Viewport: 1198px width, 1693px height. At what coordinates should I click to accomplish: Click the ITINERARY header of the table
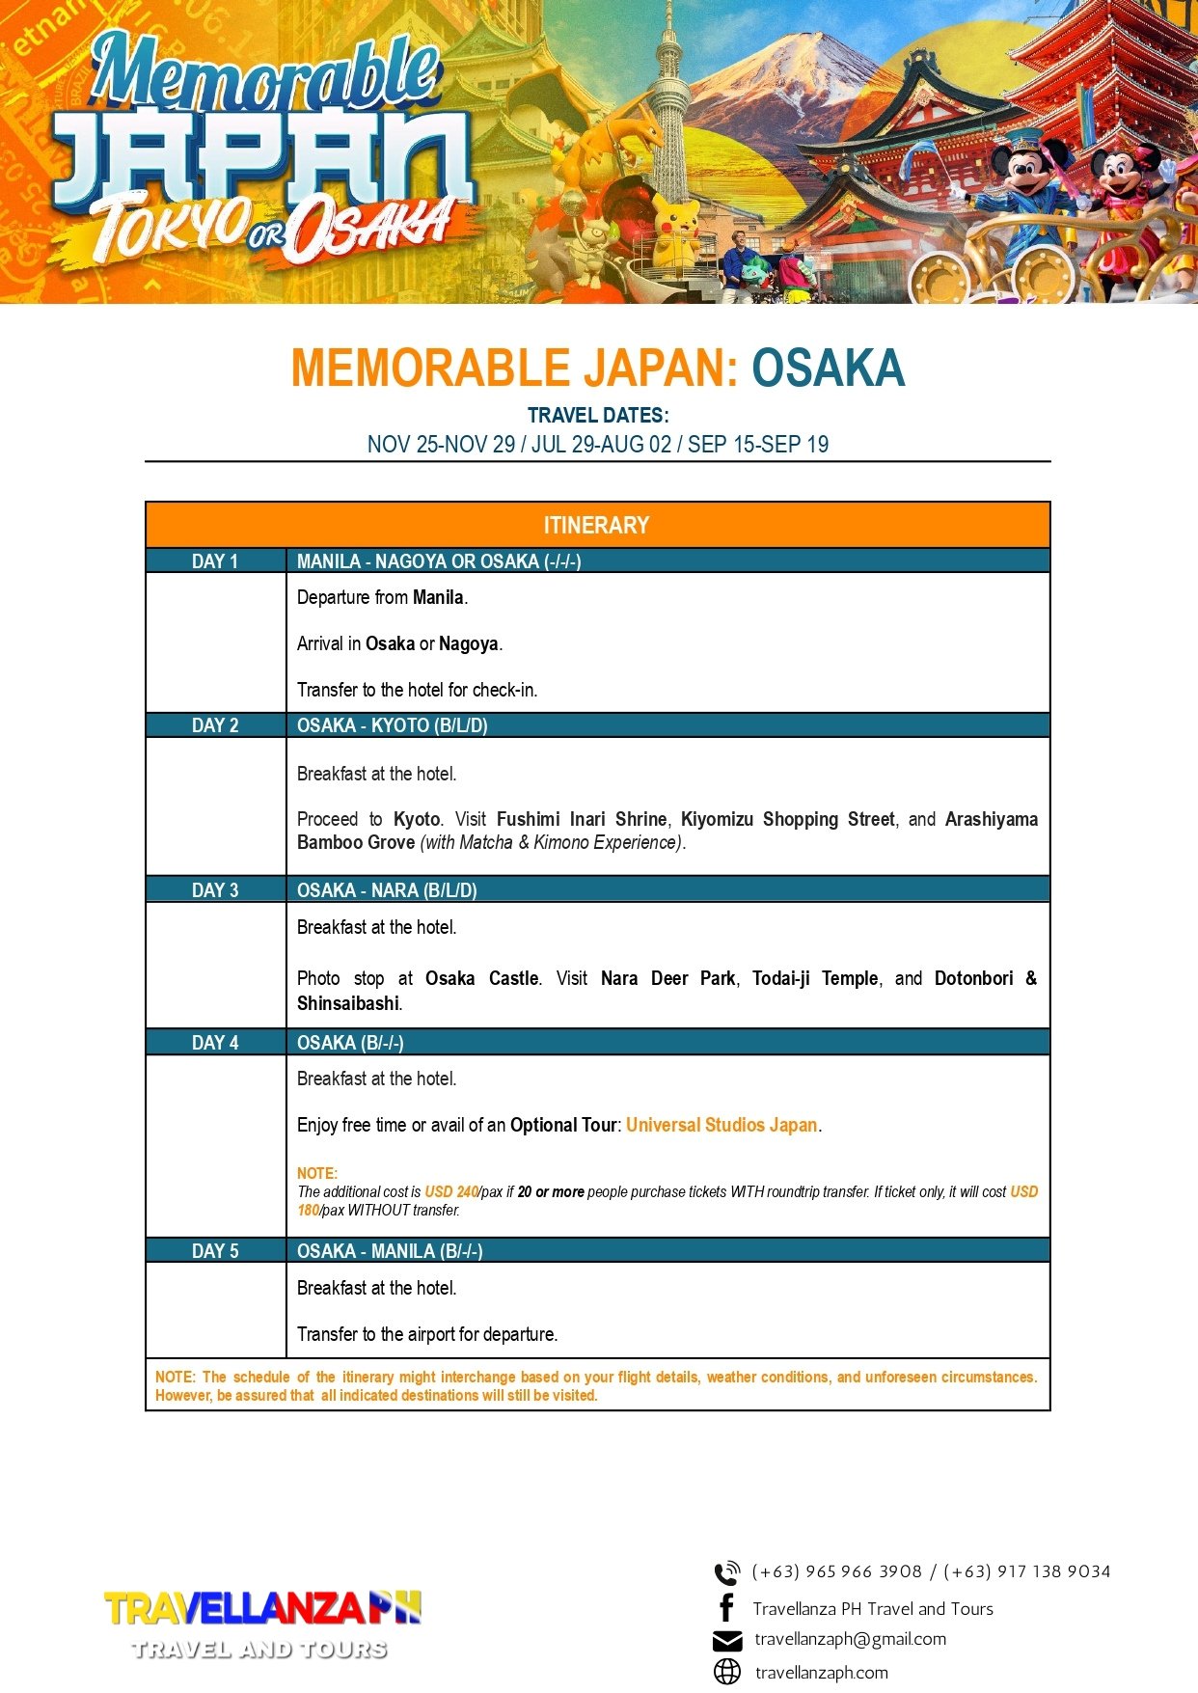(596, 526)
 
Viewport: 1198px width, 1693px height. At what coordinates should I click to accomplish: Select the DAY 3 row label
(215, 889)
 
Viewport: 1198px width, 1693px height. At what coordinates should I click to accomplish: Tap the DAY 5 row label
(215, 1251)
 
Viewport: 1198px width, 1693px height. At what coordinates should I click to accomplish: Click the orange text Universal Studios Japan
(722, 1125)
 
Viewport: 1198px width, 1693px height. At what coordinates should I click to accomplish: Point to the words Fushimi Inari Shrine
(581, 819)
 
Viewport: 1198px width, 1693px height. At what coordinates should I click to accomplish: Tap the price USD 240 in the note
(451, 1192)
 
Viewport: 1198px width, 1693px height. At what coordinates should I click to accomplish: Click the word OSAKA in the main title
(828, 369)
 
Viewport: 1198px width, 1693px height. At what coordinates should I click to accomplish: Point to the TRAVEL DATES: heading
(598, 416)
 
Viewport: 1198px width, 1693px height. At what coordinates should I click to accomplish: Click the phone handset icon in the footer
(726, 1572)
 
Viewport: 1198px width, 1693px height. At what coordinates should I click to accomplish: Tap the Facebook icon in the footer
(727, 1608)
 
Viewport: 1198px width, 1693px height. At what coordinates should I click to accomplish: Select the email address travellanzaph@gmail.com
(850, 1639)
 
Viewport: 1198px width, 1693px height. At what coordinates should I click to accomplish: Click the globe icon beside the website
(727, 1672)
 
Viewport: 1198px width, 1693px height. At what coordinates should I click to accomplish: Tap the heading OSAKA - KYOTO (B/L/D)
(392, 725)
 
